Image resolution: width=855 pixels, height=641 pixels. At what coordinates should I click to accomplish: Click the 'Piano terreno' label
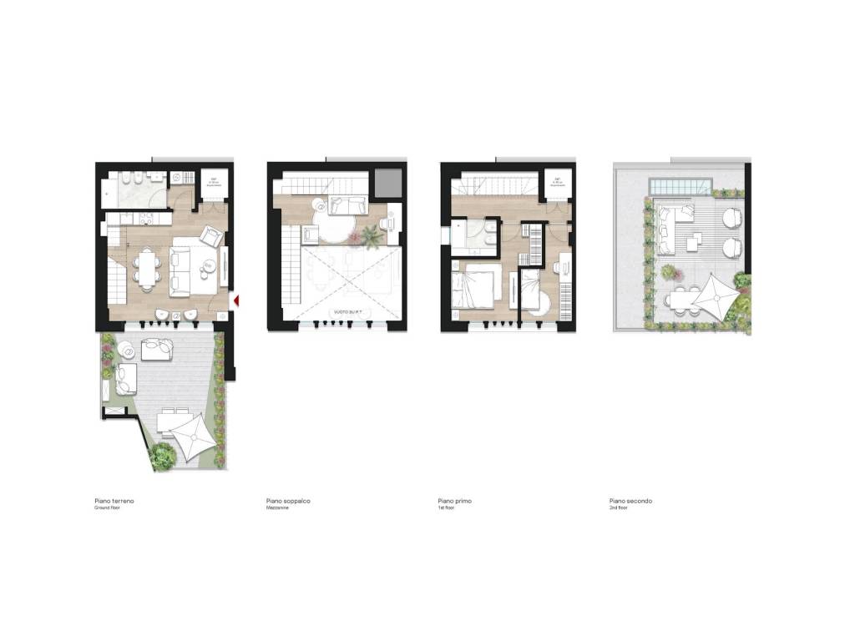tap(114, 501)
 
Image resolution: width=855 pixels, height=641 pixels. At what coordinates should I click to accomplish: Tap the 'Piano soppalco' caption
tap(288, 501)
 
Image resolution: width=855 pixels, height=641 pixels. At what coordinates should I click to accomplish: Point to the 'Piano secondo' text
tap(631, 501)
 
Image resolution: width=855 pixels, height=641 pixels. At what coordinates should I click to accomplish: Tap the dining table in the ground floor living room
tap(147, 268)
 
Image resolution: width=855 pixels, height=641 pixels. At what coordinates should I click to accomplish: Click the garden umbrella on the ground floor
tap(189, 432)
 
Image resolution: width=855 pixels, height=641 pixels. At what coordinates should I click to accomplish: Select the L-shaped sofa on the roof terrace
tap(668, 229)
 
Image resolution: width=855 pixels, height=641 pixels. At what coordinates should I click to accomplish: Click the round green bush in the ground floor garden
tap(164, 455)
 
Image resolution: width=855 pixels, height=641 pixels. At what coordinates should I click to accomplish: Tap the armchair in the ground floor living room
tap(212, 237)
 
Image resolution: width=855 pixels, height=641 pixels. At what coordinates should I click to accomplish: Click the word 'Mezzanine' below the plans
tap(277, 507)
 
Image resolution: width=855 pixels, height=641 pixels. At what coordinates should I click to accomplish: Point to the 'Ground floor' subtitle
tap(108, 507)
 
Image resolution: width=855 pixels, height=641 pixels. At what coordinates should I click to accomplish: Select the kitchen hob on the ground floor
tap(145, 218)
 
